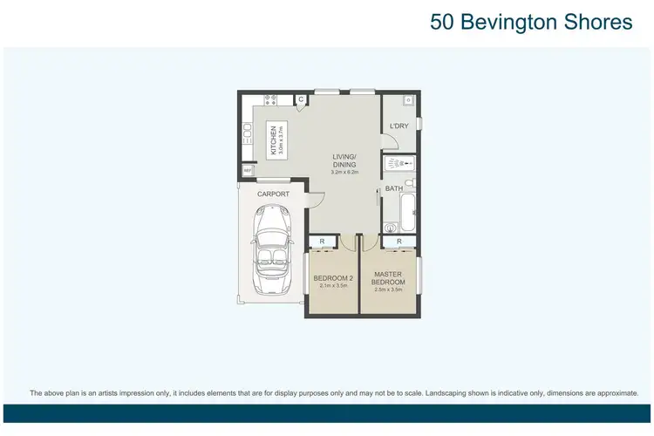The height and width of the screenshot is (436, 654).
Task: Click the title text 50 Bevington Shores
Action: pyautogui.click(x=531, y=22)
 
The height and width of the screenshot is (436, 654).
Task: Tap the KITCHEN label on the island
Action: pyautogui.click(x=273, y=140)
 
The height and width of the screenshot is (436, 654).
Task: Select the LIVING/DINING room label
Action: pyautogui.click(x=344, y=160)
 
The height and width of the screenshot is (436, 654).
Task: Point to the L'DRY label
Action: pyautogui.click(x=399, y=126)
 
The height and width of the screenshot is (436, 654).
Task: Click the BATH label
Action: pyautogui.click(x=394, y=188)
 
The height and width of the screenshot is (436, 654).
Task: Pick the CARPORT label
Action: pyautogui.click(x=273, y=194)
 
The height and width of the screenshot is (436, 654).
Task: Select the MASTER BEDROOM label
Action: pyautogui.click(x=389, y=278)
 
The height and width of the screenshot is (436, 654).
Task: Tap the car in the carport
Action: pyautogui.click(x=271, y=253)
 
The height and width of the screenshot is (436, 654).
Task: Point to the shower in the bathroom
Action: pyautogui.click(x=399, y=163)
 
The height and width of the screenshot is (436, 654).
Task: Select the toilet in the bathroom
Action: pyautogui.click(x=391, y=229)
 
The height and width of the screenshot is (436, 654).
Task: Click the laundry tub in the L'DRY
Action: pyautogui.click(x=407, y=100)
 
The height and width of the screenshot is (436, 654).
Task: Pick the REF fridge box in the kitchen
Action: pyautogui.click(x=248, y=169)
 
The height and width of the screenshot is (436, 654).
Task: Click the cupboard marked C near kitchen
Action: pyautogui.click(x=301, y=100)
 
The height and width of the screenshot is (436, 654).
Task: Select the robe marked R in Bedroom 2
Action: pyautogui.click(x=323, y=242)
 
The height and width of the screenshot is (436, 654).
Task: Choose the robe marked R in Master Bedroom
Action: pyautogui.click(x=399, y=242)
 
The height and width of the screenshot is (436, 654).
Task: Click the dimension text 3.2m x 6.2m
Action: pyautogui.click(x=344, y=173)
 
